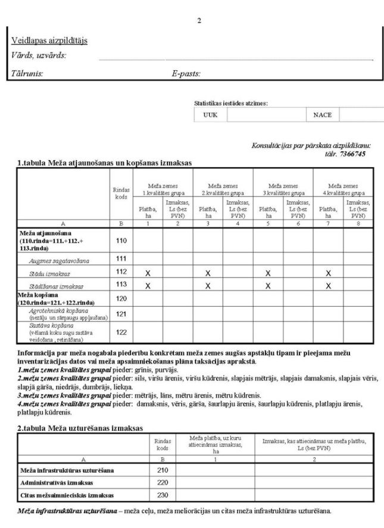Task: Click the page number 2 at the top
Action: [x=199, y=21]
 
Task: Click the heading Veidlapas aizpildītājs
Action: [x=49, y=40]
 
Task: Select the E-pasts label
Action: [x=186, y=74]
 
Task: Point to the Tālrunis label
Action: [x=27, y=74]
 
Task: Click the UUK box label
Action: [x=211, y=115]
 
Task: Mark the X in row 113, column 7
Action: [x=327, y=285]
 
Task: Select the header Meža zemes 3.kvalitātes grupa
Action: [x=283, y=189]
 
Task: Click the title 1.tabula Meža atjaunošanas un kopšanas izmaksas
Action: [x=104, y=163]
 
